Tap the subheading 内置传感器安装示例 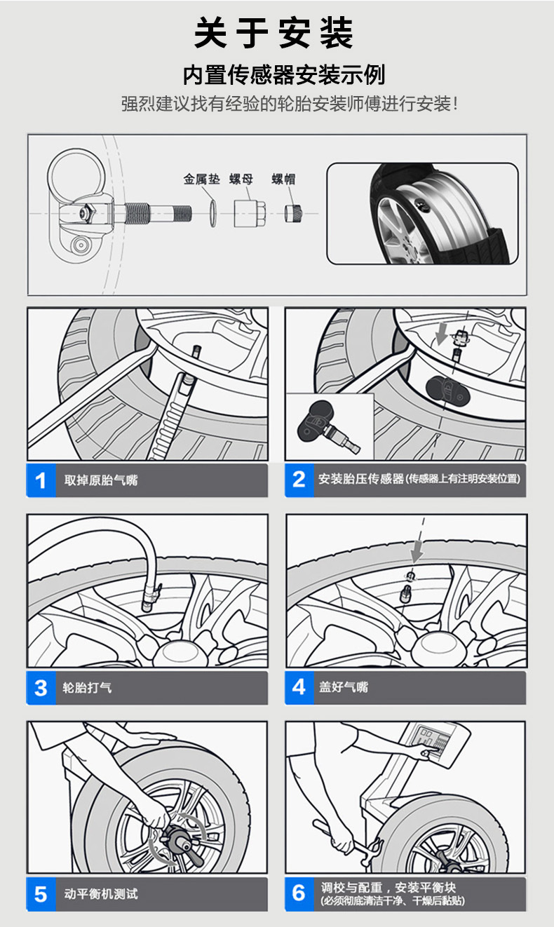pos(284,74)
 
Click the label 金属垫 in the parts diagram pos(202,180)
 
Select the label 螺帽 pos(283,180)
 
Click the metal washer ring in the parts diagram pos(211,212)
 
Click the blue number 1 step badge pos(41,480)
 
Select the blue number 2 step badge pos(299,480)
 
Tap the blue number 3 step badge pos(41,688)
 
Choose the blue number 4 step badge pos(299,687)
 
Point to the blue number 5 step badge pos(41,895)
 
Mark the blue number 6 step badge pos(299,894)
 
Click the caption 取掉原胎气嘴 pos(101,480)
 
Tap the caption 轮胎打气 pos(88,688)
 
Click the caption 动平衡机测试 pos(101,894)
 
